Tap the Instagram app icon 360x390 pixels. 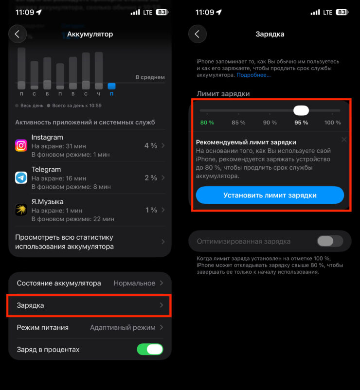coord(21,145)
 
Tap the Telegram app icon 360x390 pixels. coord(21,177)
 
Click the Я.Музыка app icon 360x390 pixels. coord(21,210)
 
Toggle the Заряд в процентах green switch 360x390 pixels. coord(150,349)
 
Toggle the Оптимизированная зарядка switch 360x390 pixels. coord(329,241)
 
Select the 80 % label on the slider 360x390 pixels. coord(207,123)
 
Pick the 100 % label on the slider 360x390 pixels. coord(333,123)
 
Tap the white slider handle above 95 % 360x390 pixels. coord(301,110)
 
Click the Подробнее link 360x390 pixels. coord(253,75)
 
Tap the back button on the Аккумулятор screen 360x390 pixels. coord(18,34)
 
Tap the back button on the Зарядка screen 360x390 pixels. coord(198,34)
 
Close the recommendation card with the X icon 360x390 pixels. coord(344,140)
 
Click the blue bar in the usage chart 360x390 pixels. coord(111,86)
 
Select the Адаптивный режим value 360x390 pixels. coord(123,327)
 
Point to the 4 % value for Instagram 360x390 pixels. coord(151,145)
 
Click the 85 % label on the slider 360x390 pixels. coord(238,123)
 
